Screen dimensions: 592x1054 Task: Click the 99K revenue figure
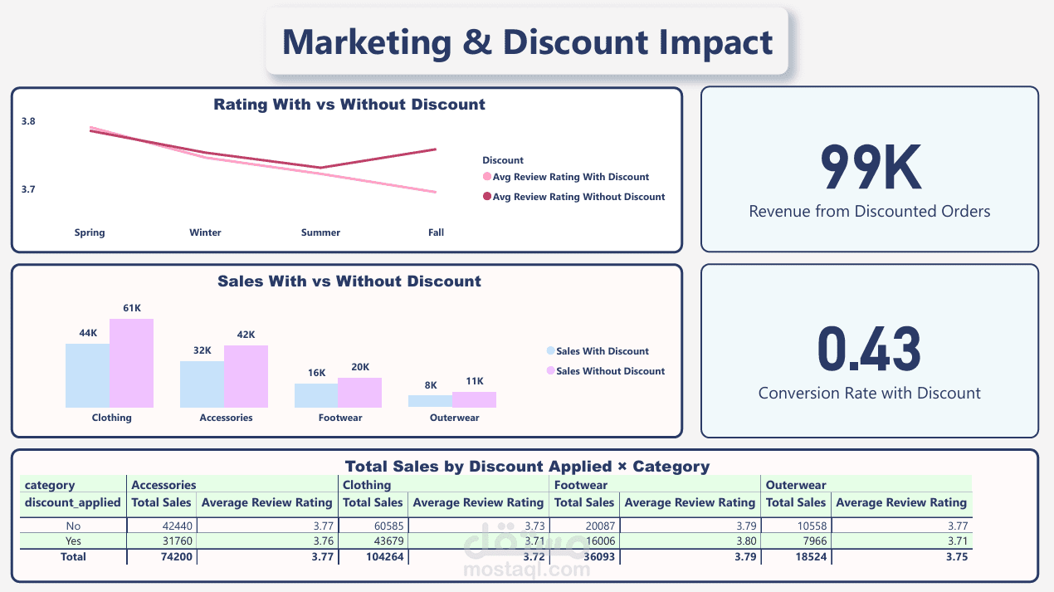point(870,169)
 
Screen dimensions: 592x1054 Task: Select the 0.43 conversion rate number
point(869,350)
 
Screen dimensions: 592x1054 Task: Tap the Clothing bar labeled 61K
point(132,363)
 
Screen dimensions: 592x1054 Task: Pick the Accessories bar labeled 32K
point(202,384)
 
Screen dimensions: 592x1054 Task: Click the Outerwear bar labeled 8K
point(430,401)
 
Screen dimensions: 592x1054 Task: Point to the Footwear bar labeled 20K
point(359,392)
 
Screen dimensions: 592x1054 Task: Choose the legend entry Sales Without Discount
point(610,371)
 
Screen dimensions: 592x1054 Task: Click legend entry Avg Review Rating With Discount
point(570,177)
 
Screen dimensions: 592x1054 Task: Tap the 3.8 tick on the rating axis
point(29,121)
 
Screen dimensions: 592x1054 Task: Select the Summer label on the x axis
point(320,232)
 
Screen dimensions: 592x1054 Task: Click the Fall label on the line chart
point(436,232)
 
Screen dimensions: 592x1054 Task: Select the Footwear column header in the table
point(581,485)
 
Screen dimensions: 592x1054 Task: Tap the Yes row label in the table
point(73,541)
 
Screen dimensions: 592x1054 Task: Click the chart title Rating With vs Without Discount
point(349,105)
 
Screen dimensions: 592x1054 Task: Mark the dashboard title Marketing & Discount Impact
point(527,42)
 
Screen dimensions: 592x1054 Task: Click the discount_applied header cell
point(73,502)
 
